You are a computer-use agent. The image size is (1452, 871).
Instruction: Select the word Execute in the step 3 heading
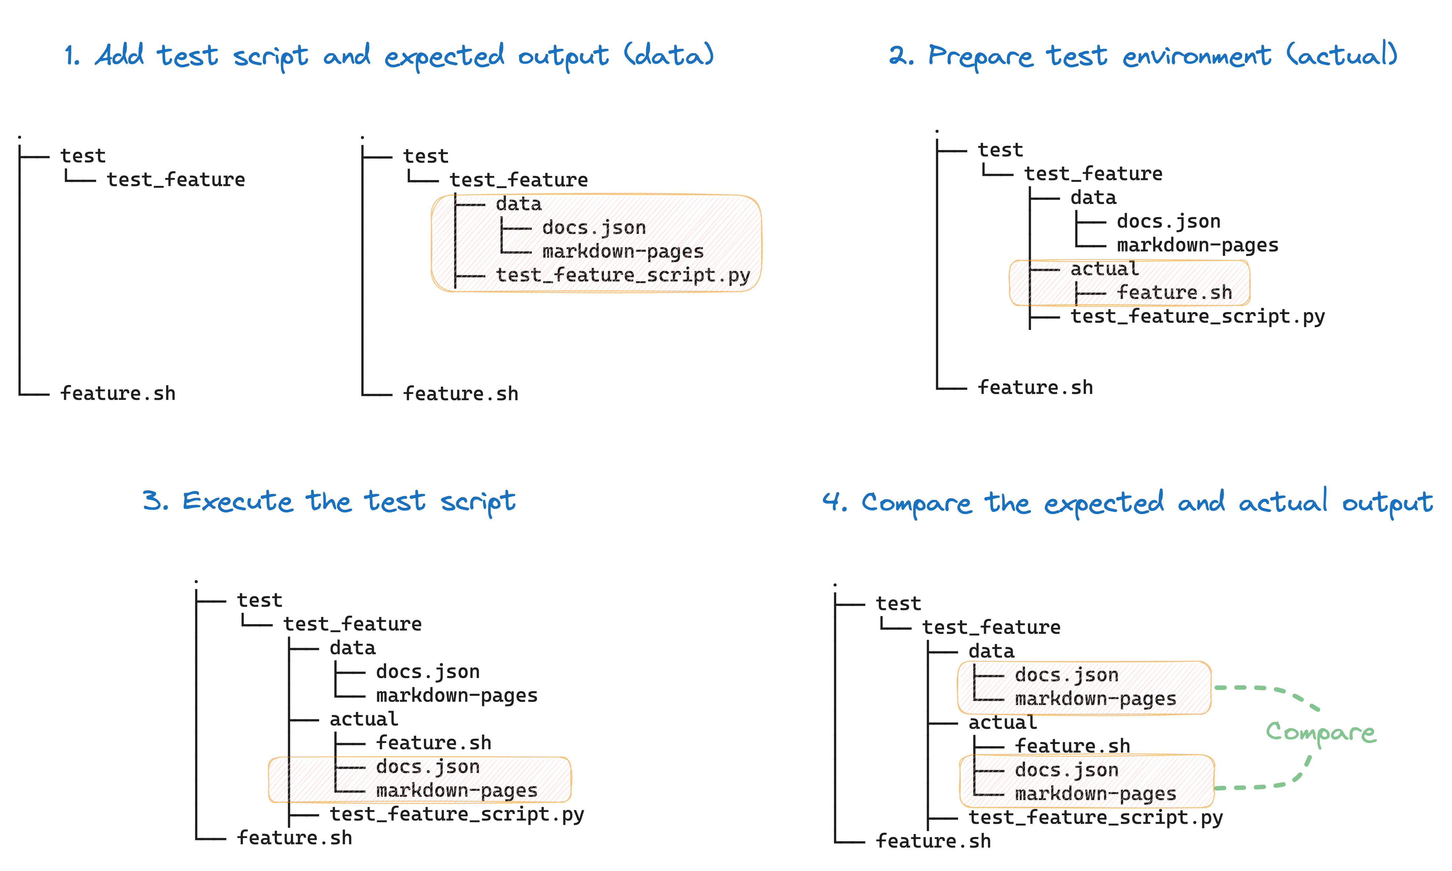pos(237,502)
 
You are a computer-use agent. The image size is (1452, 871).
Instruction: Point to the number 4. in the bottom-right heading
pos(835,502)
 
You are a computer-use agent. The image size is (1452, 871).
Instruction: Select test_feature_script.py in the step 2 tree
pos(1197,317)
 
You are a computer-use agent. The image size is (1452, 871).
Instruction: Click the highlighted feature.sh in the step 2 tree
pos(1174,292)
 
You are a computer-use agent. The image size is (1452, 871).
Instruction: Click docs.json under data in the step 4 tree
pos(1067,676)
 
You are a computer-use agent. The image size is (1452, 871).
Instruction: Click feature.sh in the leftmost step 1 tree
pos(118,393)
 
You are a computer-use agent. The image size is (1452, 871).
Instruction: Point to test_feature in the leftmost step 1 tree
pos(176,179)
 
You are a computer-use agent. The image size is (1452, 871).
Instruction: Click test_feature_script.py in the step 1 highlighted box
pos(623,275)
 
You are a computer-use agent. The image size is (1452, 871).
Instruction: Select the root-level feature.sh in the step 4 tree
pos(933,841)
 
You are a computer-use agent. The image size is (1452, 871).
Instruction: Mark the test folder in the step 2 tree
pos(1000,150)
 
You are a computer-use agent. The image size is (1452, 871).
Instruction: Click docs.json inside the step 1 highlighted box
pos(594,228)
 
